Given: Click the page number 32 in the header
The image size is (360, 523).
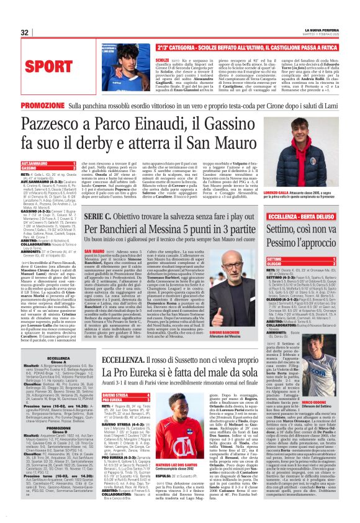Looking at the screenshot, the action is (24, 33).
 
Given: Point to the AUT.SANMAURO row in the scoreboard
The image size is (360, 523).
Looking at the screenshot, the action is (37, 164).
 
